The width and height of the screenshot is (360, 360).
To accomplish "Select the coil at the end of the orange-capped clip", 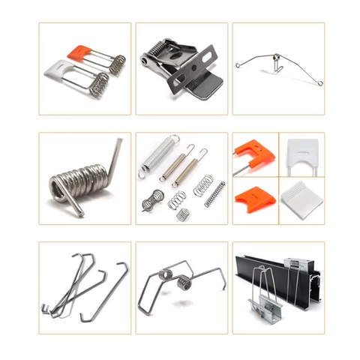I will point(117,62).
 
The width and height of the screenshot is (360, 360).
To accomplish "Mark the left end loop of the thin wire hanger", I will point(238,65).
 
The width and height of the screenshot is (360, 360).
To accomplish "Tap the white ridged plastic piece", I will point(301,200).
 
